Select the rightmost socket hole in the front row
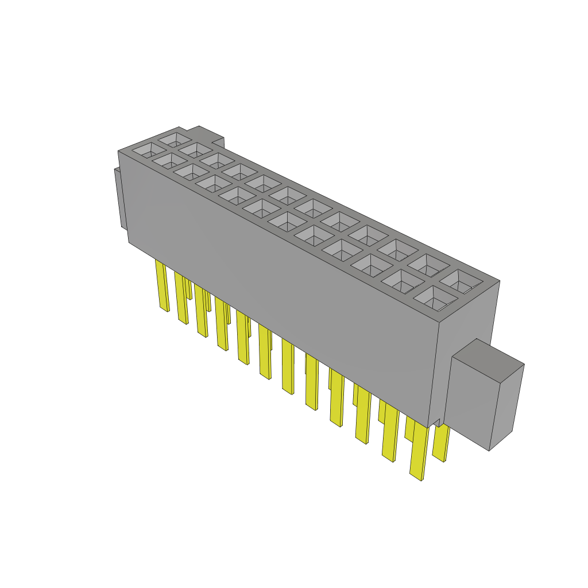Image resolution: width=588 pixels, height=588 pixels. (435, 298)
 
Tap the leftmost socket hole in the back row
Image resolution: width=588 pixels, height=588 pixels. (174, 138)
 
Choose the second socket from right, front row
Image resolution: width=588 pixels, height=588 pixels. (401, 281)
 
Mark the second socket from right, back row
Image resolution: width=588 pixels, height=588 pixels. (430, 265)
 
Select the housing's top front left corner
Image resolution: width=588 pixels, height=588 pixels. (119, 152)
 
